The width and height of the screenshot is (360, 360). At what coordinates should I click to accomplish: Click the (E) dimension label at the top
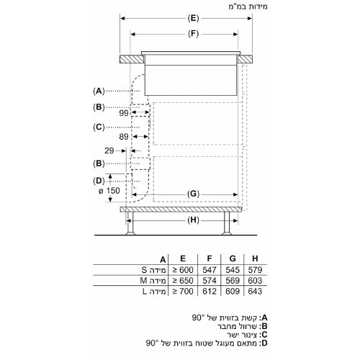193,19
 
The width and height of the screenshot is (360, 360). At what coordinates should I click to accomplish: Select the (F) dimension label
193,34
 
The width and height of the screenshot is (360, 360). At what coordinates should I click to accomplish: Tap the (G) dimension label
193,194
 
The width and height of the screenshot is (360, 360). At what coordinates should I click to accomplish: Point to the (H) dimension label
193,220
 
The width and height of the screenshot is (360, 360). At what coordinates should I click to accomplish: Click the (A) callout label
99,91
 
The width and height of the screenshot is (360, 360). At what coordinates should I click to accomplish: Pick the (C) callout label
99,127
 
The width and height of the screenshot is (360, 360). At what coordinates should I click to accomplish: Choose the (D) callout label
99,181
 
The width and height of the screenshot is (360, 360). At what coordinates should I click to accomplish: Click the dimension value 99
124,113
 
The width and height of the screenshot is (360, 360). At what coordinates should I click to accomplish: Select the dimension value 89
124,137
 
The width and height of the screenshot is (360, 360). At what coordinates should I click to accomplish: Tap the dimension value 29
109,150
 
